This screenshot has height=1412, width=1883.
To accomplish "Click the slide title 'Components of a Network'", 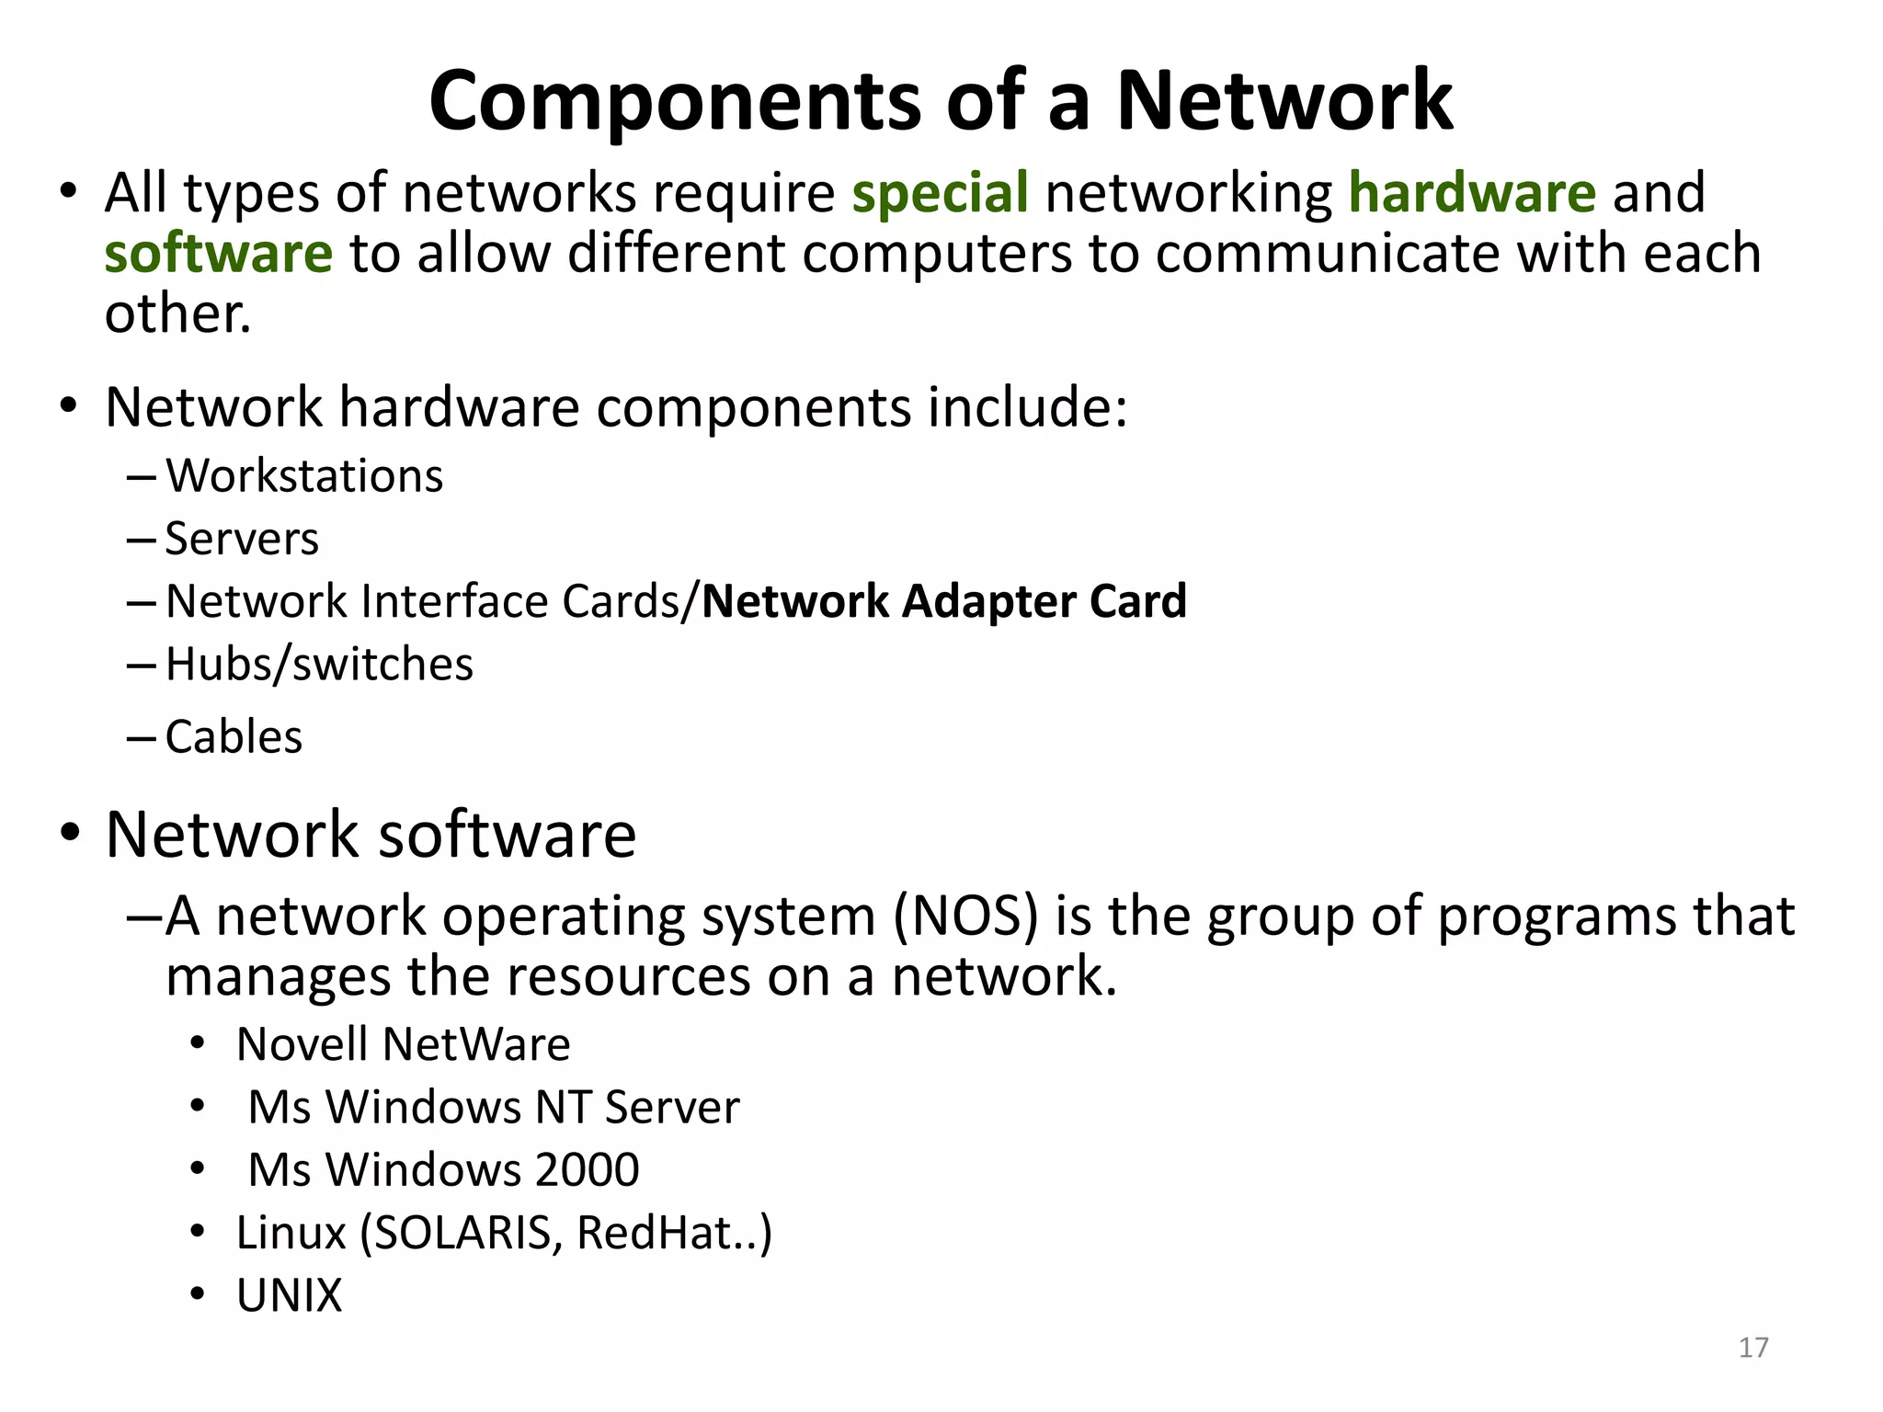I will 940,101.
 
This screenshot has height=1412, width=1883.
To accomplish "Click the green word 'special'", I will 940,195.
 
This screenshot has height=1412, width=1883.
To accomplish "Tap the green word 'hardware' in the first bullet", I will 1471,193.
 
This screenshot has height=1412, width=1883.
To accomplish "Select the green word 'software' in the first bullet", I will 218,254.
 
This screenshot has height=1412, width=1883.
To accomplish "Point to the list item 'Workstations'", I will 304,476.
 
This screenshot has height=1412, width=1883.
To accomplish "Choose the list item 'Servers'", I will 242,539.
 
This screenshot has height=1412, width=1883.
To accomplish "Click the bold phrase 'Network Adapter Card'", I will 943,602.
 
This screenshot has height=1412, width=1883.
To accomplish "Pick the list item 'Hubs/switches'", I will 319,665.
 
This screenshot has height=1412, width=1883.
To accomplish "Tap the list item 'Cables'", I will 234,737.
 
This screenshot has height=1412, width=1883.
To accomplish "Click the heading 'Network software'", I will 371,835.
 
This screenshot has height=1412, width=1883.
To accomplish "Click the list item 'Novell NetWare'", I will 403,1044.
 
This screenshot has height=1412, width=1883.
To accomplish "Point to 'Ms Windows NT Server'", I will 493,1107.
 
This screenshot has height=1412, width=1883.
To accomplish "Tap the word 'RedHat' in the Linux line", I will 653,1233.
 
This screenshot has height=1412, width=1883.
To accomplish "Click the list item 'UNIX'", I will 289,1296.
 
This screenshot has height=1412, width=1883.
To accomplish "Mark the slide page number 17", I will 1753,1348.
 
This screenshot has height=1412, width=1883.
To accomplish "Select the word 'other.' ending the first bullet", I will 177,314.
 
